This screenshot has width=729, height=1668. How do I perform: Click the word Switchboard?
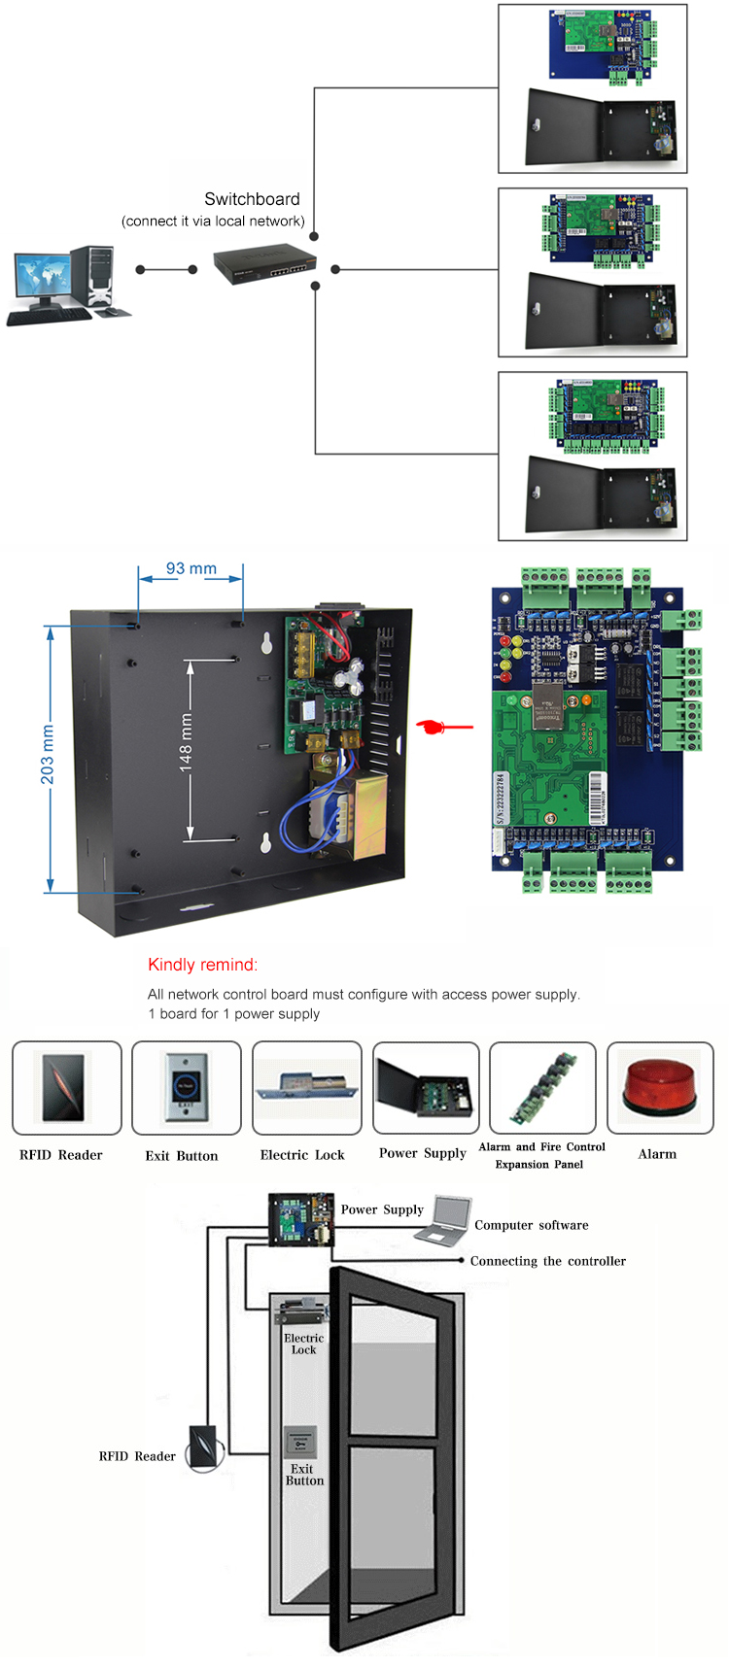252,199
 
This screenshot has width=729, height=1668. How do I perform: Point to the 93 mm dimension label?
191,568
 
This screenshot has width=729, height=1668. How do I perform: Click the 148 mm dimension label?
186,743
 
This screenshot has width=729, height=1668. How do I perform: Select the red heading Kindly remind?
202,965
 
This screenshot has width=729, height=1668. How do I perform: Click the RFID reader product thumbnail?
66,1087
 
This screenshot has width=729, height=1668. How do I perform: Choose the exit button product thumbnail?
186,1087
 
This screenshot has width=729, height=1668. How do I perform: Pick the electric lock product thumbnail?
306,1087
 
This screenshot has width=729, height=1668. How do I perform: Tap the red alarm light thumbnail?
659,1087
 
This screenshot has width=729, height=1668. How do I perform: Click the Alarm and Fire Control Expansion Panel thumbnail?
542,1087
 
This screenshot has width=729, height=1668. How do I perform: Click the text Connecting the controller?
547,1261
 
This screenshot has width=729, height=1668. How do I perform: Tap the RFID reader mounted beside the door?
204,1447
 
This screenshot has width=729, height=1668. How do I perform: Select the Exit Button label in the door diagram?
304,1475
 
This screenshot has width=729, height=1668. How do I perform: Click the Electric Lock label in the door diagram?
303,1344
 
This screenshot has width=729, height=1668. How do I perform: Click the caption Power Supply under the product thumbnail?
423,1153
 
